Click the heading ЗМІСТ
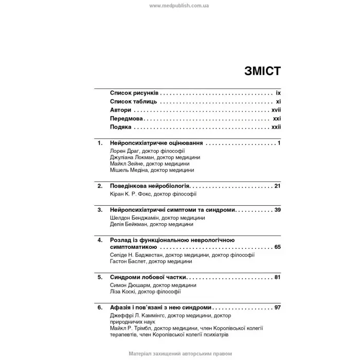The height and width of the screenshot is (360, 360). tap(262, 71)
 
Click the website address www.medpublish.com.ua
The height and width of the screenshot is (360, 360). tap(179, 6)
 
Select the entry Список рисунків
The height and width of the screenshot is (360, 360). tap(134, 94)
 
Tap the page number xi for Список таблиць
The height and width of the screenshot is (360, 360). tap(278, 102)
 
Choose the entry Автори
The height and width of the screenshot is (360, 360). tap(120, 110)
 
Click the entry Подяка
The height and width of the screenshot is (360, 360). tap(121, 127)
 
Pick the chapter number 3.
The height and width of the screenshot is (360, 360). tap(99, 210)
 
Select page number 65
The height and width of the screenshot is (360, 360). tap(277, 247)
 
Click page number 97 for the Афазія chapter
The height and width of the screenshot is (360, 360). tap(277, 308)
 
